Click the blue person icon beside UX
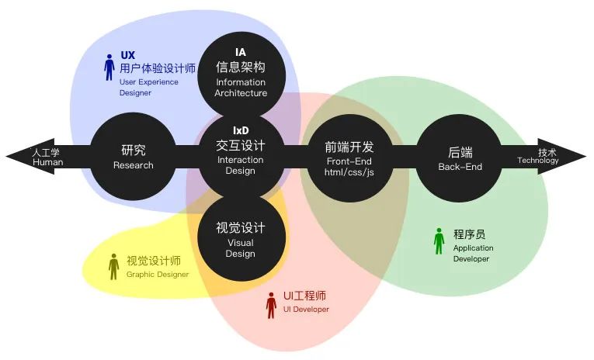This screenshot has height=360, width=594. click(x=109, y=67)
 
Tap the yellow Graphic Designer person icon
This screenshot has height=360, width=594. click(x=114, y=267)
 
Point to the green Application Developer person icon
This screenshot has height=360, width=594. click(x=439, y=241)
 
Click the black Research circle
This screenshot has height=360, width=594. click(x=134, y=156)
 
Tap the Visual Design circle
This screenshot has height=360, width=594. click(x=241, y=236)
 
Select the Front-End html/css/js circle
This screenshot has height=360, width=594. click(x=349, y=156)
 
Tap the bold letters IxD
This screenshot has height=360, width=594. click(x=241, y=130)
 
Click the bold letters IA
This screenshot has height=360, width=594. click(x=241, y=52)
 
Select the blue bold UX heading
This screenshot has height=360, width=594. click(x=128, y=56)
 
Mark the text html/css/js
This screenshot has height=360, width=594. click(x=349, y=172)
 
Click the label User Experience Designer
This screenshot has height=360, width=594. click(x=148, y=87)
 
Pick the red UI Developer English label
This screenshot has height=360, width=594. click(x=305, y=310)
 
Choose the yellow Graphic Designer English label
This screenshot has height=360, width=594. click(x=158, y=274)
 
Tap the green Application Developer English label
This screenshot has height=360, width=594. click(x=473, y=254)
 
